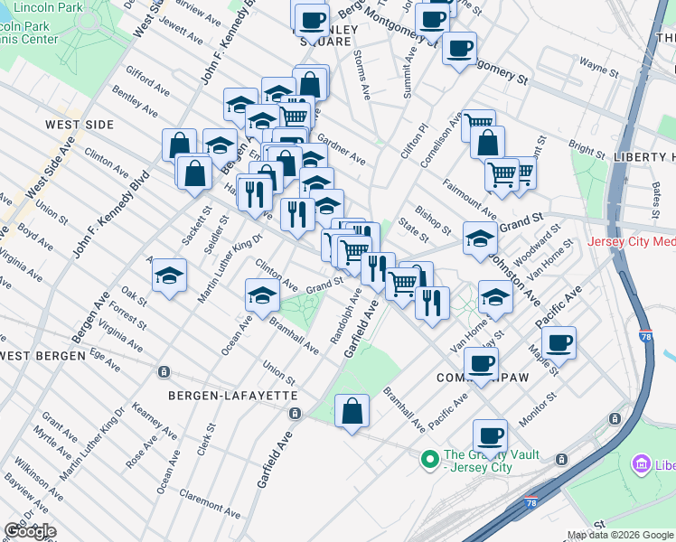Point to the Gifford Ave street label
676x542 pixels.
point(147,80)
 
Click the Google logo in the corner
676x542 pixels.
point(30,531)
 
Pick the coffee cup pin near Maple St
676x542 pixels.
point(559,342)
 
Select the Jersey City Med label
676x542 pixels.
point(631,241)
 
